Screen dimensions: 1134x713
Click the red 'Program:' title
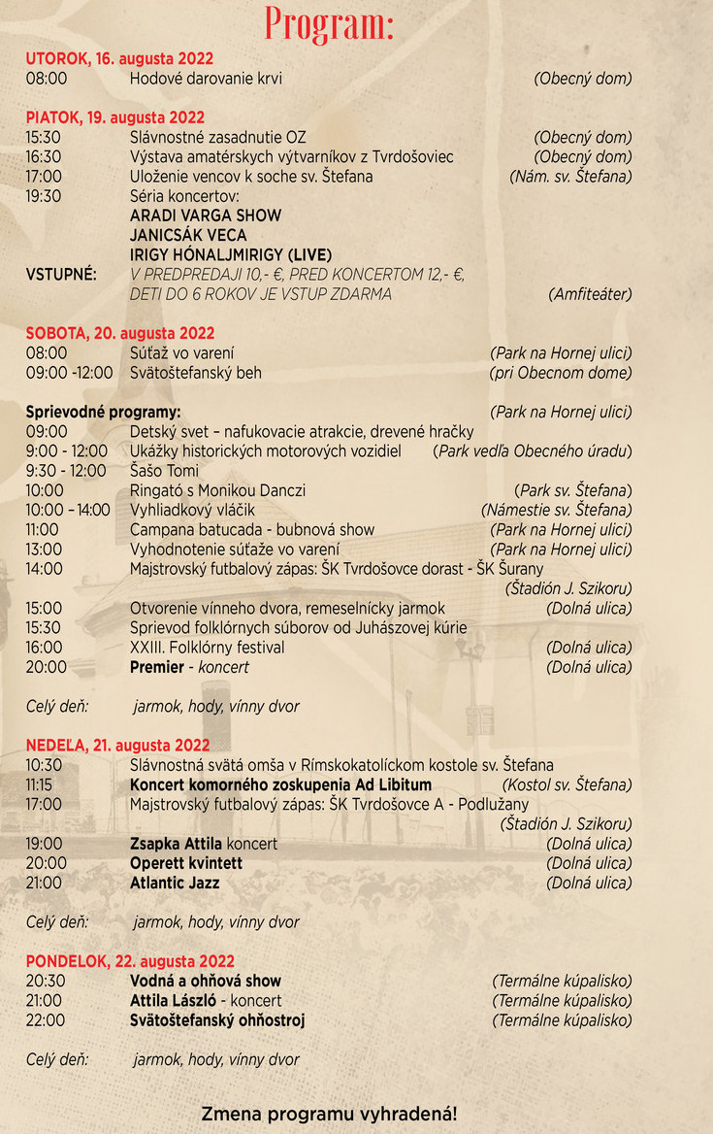[330, 23]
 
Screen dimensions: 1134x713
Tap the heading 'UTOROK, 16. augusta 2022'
[119, 59]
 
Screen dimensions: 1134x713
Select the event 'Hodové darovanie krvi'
[206, 79]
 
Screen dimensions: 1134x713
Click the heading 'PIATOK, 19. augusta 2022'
[115, 118]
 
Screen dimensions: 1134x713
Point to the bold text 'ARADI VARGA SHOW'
[206, 216]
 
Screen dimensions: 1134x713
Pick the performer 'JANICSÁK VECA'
[188, 235]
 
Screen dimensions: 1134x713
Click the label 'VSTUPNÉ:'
[60, 275]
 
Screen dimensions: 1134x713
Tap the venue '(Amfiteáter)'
[589, 294]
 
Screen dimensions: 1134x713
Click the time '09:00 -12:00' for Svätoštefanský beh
[69, 373]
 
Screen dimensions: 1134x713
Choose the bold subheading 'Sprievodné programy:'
[103, 412]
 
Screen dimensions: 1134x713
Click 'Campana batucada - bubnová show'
[252, 530]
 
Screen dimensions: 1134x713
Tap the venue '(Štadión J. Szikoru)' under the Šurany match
[567, 588]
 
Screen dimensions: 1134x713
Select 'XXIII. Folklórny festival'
[208, 648]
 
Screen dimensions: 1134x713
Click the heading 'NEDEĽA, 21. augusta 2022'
[117, 746]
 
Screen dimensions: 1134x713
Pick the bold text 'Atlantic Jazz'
[175, 884]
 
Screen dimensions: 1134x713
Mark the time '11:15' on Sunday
[39, 784]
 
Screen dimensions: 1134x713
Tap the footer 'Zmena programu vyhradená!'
[329, 1114]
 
